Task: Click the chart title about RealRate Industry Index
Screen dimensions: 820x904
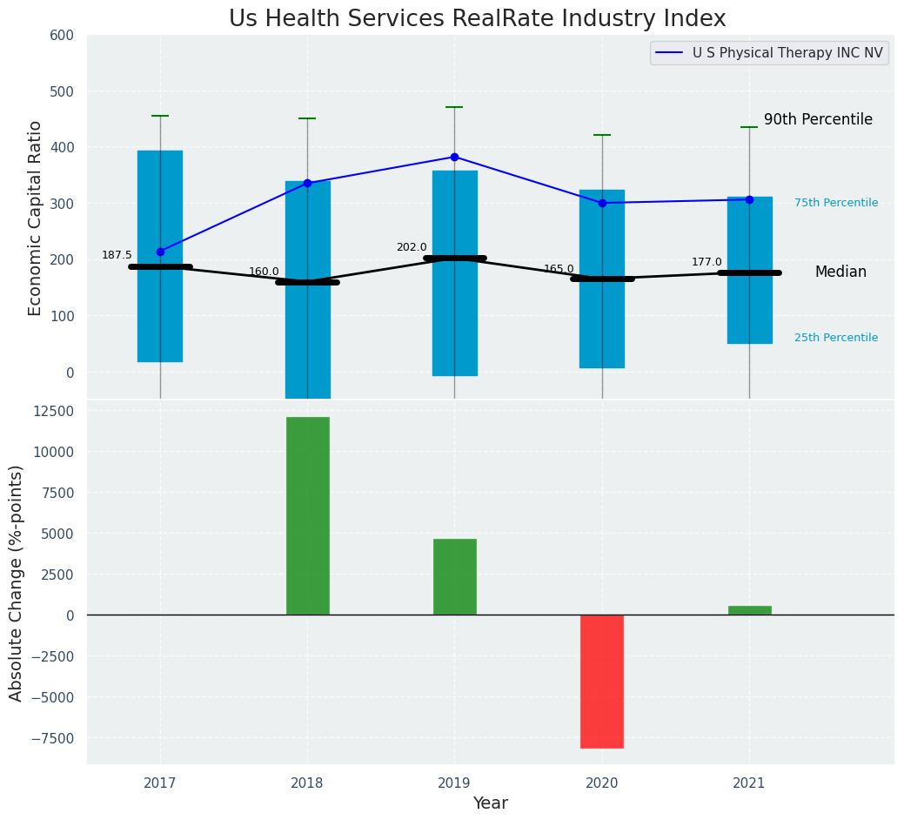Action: pos(477,19)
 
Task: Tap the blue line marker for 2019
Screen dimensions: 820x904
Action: pos(454,157)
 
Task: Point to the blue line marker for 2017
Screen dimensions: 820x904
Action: pos(160,252)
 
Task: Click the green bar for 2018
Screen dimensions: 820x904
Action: pos(307,515)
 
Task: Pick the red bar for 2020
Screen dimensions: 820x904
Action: pos(602,681)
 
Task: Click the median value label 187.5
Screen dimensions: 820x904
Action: pos(117,255)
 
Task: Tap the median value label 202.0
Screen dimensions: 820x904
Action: pos(412,247)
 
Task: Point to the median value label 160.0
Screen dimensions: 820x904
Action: pos(264,272)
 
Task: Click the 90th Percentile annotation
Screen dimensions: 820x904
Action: pos(818,120)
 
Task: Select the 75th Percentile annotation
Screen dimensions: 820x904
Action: pos(836,203)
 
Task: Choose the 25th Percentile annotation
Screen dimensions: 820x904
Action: pos(836,338)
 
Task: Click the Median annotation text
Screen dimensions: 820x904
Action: pos(840,272)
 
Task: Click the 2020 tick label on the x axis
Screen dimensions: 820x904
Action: pos(602,783)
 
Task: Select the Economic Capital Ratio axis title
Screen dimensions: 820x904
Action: pos(36,218)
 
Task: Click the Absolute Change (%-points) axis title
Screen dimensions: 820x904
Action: pos(17,582)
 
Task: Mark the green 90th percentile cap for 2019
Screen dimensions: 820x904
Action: pos(454,107)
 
